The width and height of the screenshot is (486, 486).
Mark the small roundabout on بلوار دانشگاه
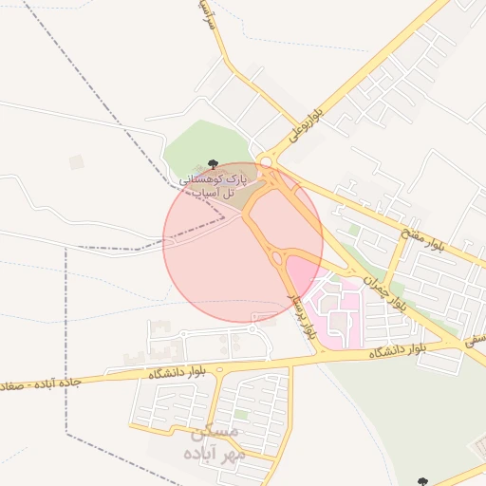pos(219,368)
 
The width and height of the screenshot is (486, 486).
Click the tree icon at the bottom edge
pos(422,481)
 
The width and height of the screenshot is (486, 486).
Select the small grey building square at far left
pos(76,162)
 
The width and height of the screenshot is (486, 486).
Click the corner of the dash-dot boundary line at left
pos(65,249)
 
